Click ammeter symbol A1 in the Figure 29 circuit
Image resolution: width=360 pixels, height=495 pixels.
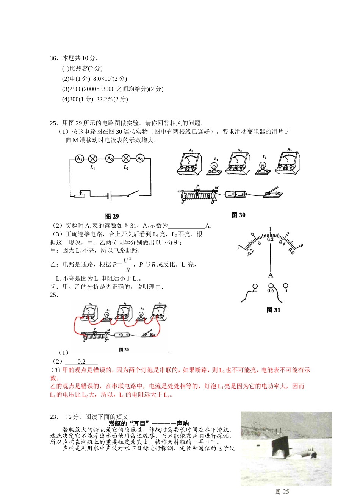tap(79, 159)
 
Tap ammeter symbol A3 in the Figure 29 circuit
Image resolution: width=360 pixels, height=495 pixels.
tap(140, 159)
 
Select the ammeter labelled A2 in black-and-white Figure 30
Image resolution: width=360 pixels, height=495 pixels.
tap(239, 163)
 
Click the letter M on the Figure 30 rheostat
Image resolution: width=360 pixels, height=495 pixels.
tap(216, 188)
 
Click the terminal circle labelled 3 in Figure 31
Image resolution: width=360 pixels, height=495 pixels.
tap(286, 286)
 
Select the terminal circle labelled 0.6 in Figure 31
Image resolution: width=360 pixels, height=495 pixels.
tap(271, 286)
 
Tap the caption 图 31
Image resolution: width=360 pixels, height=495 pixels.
tap(273, 310)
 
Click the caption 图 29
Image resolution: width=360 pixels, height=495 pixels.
tap(112, 216)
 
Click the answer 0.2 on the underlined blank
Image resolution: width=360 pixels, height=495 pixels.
tap(81, 362)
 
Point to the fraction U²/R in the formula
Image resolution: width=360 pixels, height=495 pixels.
tap(127, 265)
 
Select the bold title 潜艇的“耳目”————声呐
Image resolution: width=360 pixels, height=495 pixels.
tap(149, 423)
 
